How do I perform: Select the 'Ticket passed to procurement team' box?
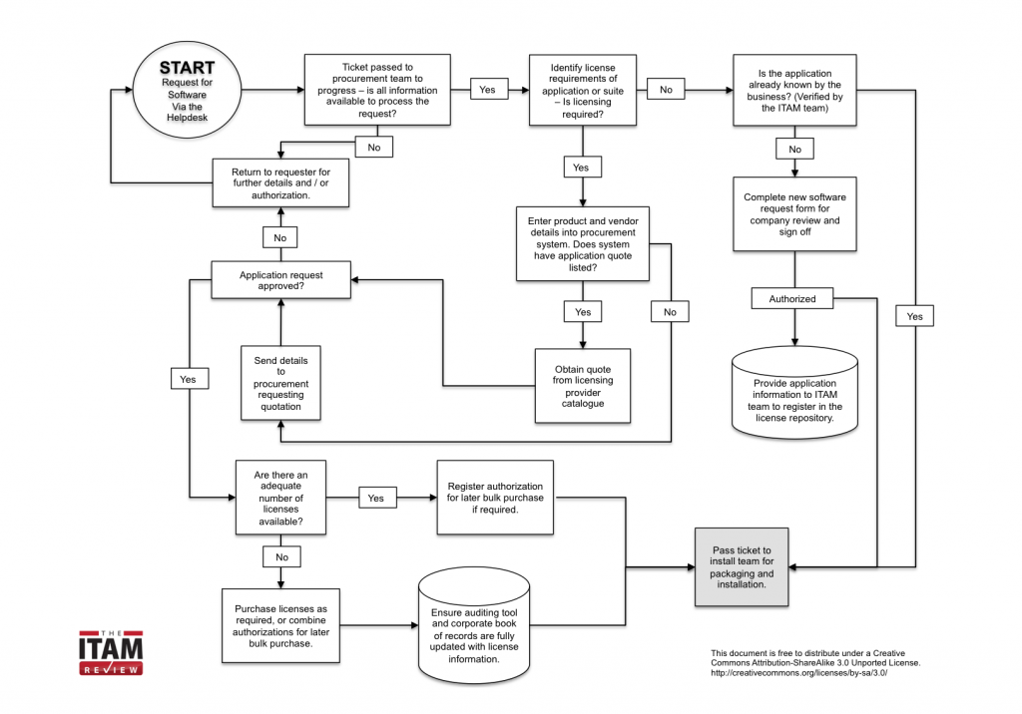coord(378,90)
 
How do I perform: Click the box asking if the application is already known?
coord(794,90)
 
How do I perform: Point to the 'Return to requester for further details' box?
coord(280,183)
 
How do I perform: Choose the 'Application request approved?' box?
coord(280,280)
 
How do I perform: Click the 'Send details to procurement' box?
coord(280,382)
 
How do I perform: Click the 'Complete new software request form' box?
coord(794,214)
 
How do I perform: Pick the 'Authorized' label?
coord(792,299)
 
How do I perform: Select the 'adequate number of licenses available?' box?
coord(278,496)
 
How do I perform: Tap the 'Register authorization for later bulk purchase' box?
coord(496,496)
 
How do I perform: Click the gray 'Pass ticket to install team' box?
coord(742,567)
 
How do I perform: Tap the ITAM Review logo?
coord(110,653)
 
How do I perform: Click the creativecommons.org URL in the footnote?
coord(798,673)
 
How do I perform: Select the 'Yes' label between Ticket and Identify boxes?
coord(487,90)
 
